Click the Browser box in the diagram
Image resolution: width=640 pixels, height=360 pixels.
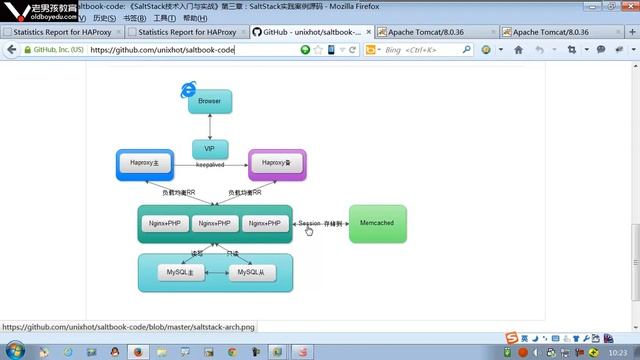[210, 101]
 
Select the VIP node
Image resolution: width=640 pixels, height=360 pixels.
[210, 148]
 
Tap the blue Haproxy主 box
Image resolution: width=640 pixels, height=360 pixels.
[145, 163]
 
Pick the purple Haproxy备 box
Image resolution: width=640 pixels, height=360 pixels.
[276, 163]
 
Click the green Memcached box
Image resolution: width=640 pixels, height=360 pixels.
[378, 224]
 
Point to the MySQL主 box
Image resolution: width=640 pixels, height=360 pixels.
[180, 272]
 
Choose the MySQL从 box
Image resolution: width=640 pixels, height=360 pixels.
[251, 272]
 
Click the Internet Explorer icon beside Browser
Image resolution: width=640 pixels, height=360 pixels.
[187, 91]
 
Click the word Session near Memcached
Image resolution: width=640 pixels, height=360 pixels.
[309, 223]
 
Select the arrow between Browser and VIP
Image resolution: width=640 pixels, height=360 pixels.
[210, 126]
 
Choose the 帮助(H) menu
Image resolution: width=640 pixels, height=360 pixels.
[195, 18]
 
